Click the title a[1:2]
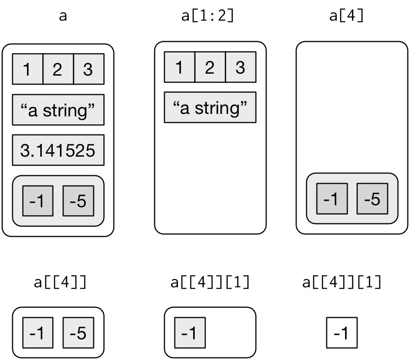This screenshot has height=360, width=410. tap(207, 16)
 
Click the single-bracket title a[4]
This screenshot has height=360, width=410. tap(346, 16)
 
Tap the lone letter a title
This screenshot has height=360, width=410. tap(63, 16)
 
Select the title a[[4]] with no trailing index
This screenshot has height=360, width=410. tap(60, 282)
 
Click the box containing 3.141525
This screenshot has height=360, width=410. tap(59, 150)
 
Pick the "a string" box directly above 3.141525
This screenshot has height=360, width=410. tap(59, 110)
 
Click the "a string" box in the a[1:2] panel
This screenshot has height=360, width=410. tap(210, 108)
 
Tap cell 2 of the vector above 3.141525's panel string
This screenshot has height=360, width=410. tap(59, 69)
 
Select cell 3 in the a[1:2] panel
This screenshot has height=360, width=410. tap(241, 67)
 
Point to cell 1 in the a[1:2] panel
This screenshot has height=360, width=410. tap(179, 67)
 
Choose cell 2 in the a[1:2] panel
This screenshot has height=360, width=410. tap(210, 67)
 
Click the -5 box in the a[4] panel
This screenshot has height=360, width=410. tap(372, 199)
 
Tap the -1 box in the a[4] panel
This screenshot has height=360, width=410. tap(332, 199)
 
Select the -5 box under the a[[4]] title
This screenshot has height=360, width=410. tap(79, 333)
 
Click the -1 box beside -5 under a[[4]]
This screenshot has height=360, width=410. tap(38, 333)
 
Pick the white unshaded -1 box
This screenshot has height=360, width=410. tap(342, 333)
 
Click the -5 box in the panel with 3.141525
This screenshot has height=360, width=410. tap(79, 201)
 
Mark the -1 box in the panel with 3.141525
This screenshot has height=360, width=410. tap(38, 201)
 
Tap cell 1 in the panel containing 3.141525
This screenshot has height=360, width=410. tap(28, 69)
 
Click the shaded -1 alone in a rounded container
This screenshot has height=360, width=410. tap(190, 333)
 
